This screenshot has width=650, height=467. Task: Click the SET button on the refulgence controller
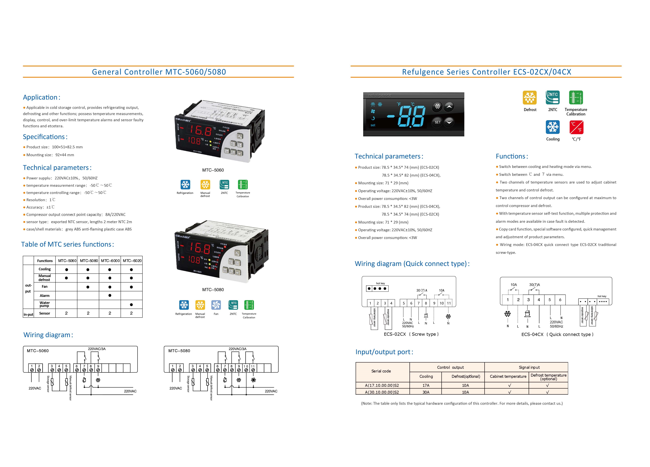tap(437, 122)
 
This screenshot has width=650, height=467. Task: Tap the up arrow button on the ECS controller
tap(449, 107)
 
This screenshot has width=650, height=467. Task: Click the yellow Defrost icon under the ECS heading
tap(530, 98)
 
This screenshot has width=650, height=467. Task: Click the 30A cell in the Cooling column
tap(426, 392)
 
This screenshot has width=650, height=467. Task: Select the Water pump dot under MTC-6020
tap(131, 304)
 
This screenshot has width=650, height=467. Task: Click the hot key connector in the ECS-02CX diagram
tap(377, 289)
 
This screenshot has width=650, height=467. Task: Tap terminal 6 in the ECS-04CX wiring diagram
tap(560, 300)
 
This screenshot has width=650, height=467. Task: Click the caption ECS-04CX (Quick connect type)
tap(557, 334)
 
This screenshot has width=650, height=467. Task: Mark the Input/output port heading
tap(384, 352)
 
